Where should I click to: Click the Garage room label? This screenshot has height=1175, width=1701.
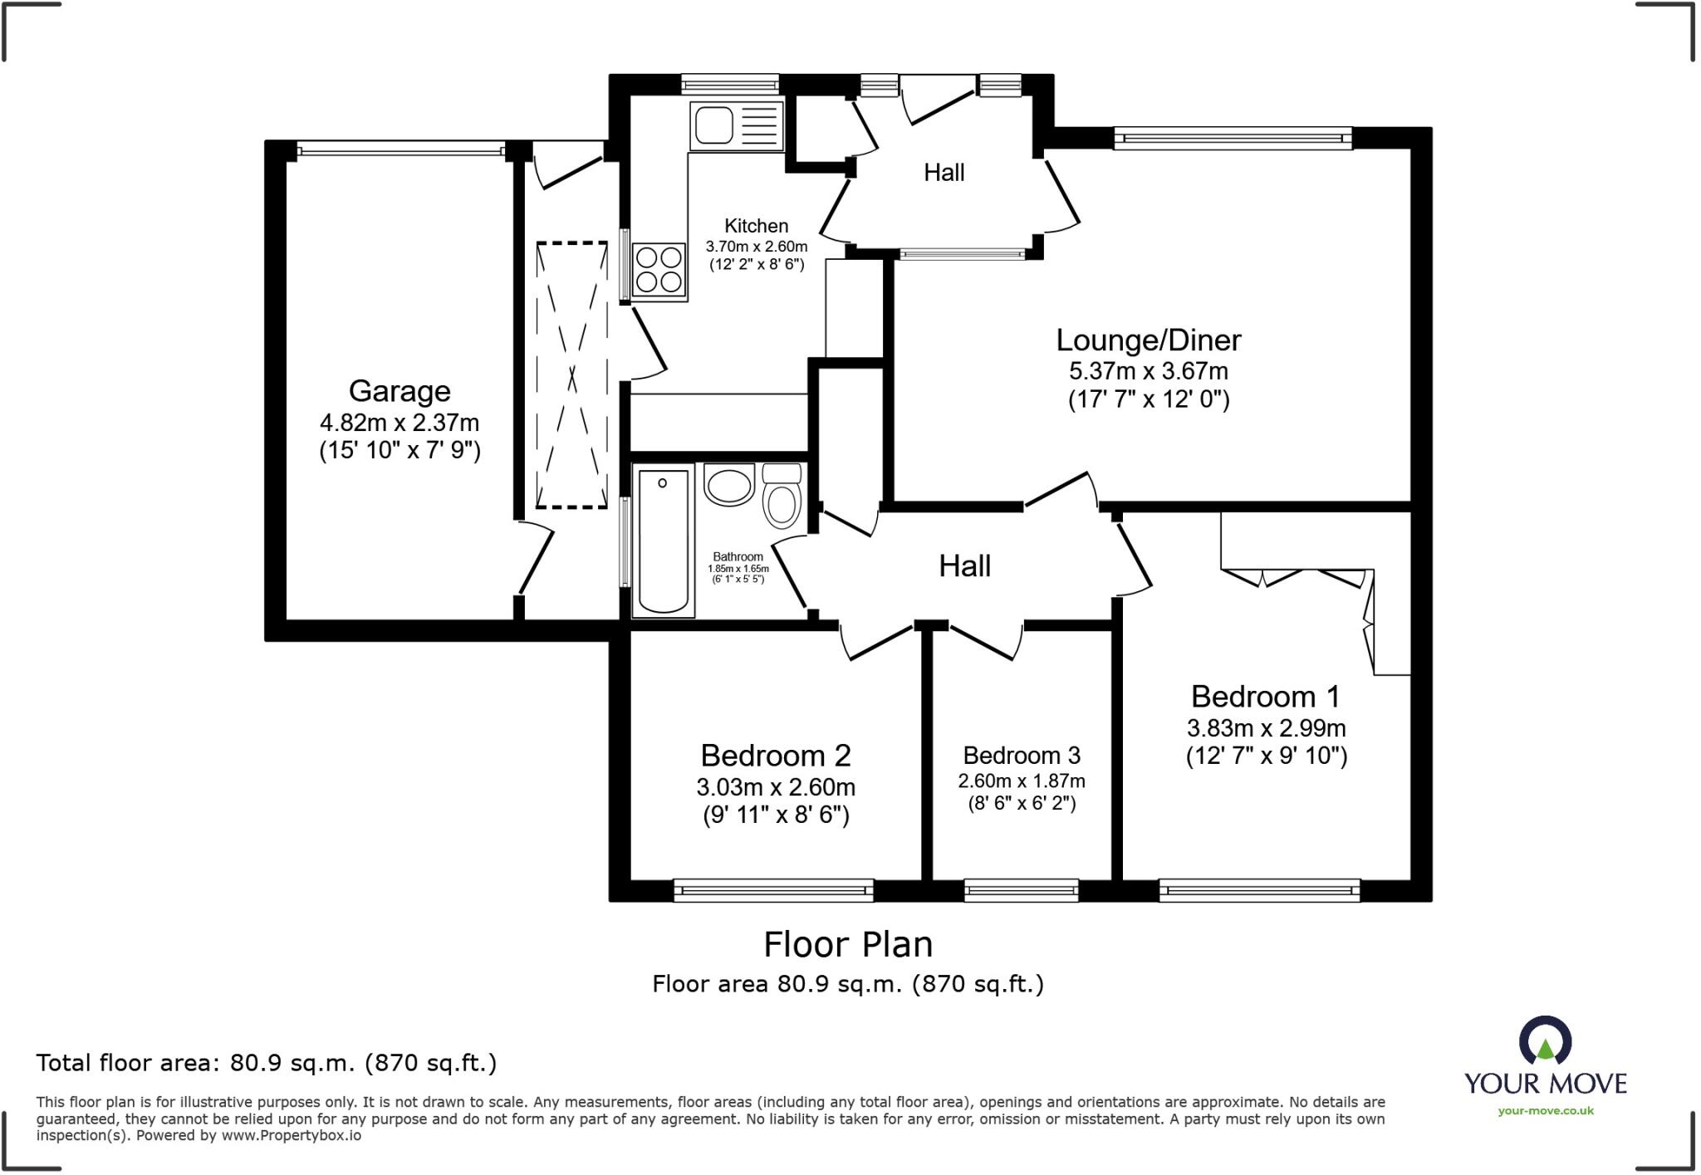pyautogui.click(x=400, y=391)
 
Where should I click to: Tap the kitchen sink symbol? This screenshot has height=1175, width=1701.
pyautogui.click(x=736, y=126)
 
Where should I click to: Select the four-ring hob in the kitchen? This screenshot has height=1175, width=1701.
pyautogui.click(x=659, y=270)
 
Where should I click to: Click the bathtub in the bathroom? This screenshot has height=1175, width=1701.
pyautogui.click(x=663, y=541)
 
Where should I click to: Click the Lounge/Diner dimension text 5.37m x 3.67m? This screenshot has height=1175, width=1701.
pyautogui.click(x=1148, y=371)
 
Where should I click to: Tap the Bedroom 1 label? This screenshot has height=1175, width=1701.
pyautogui.click(x=1265, y=696)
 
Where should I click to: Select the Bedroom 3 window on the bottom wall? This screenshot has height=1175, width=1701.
pyautogui.click(x=1021, y=891)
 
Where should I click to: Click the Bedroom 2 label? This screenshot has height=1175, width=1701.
pyautogui.click(x=776, y=756)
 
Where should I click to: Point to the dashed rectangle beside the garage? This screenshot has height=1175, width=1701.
pyautogui.click(x=571, y=375)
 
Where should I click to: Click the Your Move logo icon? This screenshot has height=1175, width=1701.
pyautogui.click(x=1545, y=1041)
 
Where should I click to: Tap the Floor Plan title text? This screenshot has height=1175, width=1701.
pyautogui.click(x=848, y=945)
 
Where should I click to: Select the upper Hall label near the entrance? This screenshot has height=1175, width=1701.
pyautogui.click(x=944, y=173)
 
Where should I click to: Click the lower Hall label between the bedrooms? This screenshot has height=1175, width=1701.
pyautogui.click(x=964, y=566)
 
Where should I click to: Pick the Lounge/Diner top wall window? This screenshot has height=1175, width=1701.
pyautogui.click(x=1233, y=138)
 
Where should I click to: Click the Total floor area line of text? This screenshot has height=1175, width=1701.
pyautogui.click(x=266, y=1063)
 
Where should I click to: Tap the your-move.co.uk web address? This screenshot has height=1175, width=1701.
pyautogui.click(x=1546, y=1111)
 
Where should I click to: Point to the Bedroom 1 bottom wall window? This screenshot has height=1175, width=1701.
pyautogui.click(x=1259, y=891)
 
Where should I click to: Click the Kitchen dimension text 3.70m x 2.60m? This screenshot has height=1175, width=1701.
pyautogui.click(x=756, y=247)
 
